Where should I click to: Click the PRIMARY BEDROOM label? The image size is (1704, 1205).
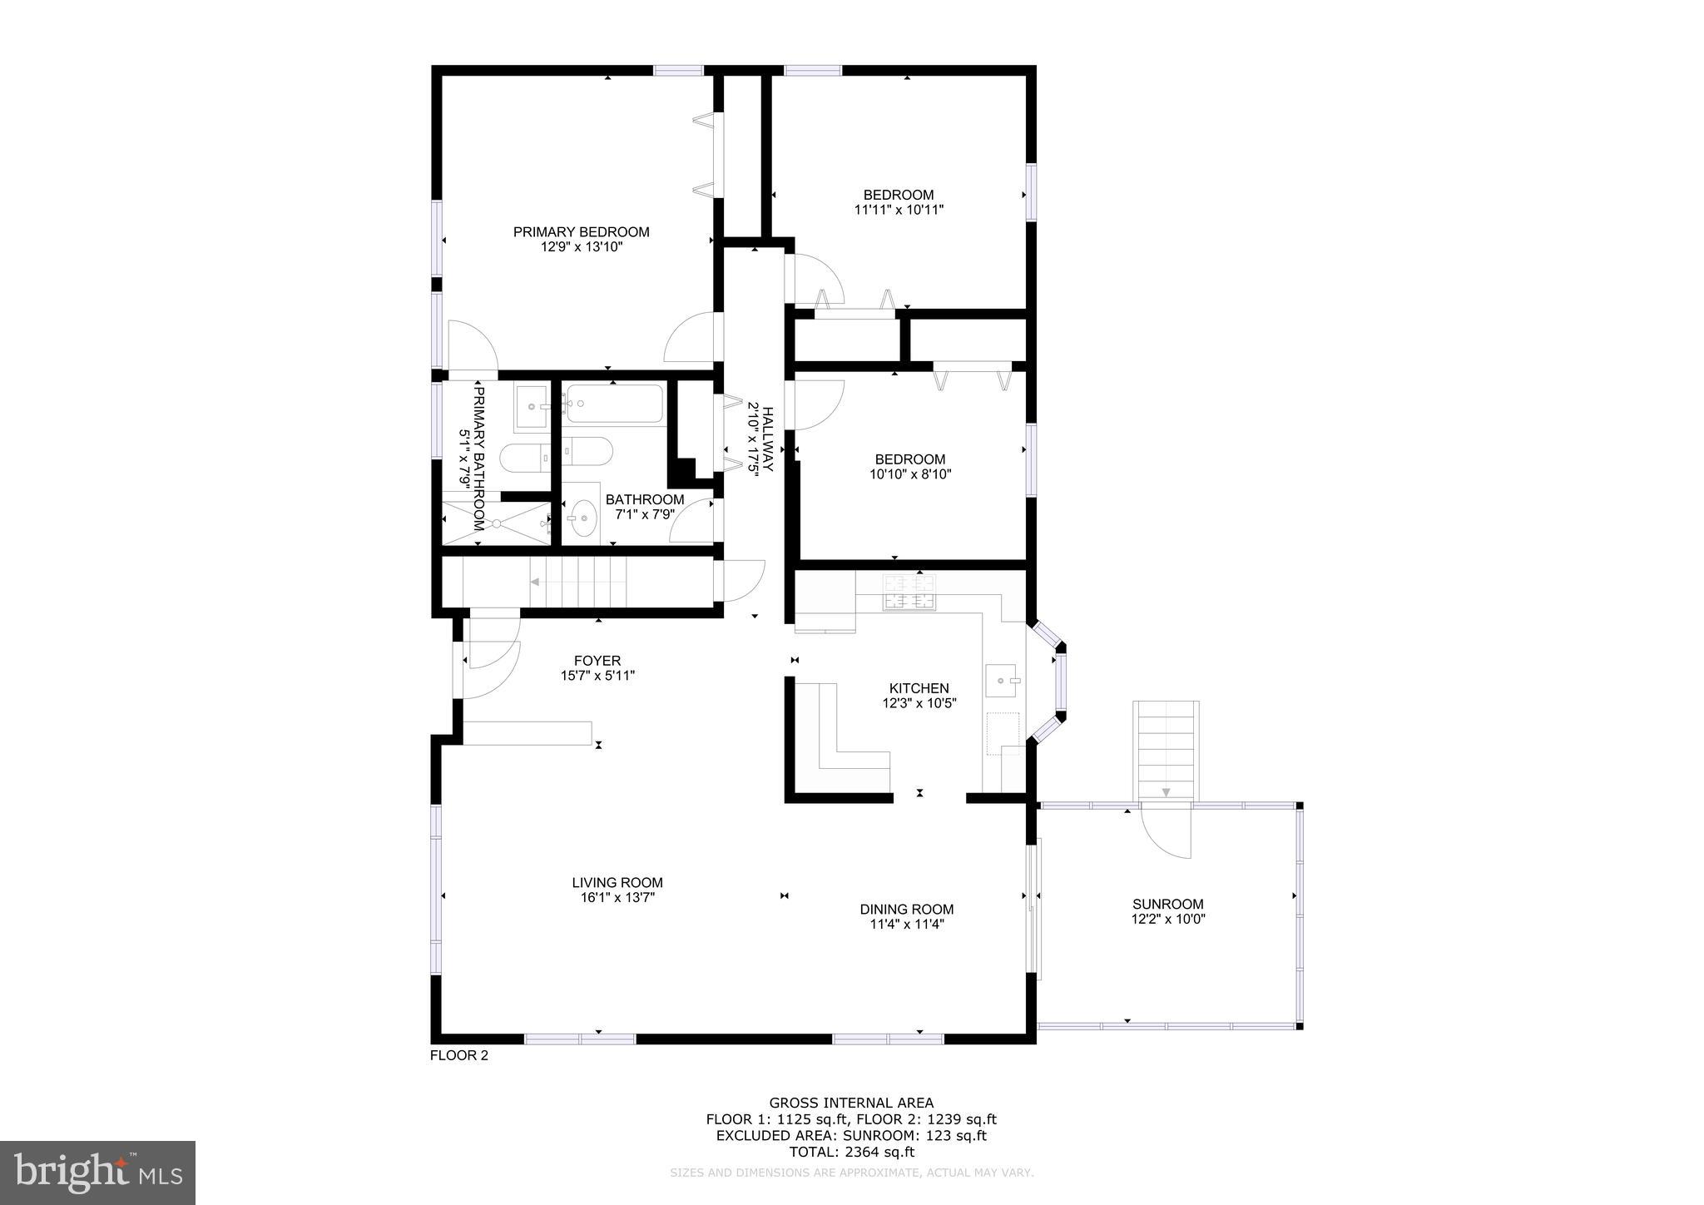click(581, 232)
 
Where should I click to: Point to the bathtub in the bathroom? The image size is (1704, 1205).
click(614, 405)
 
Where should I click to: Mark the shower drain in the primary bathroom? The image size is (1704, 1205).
click(496, 523)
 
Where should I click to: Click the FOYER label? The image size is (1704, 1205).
click(597, 661)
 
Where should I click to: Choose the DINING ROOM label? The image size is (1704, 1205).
click(906, 910)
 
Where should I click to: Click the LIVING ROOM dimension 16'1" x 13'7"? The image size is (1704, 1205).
click(617, 898)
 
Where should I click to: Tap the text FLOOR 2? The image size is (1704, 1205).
click(458, 1056)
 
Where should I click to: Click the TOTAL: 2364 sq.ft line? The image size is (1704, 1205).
click(851, 1152)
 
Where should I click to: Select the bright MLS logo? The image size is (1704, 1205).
click(98, 1173)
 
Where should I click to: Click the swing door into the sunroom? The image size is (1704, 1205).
click(1167, 833)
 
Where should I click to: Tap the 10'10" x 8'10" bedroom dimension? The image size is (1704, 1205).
click(910, 474)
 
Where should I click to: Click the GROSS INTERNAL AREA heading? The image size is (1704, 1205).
click(851, 1103)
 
